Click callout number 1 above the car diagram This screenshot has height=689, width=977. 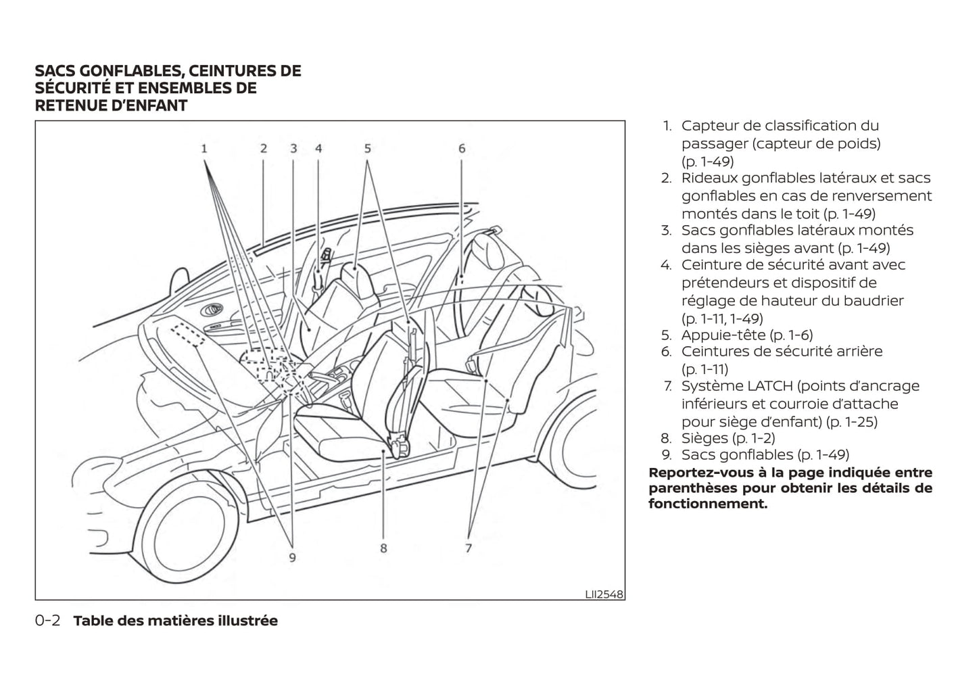pyautogui.click(x=204, y=148)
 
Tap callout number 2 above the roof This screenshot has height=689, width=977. pyautogui.click(x=264, y=148)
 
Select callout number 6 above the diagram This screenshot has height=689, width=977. pyautogui.click(x=462, y=148)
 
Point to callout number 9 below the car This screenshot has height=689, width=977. pyautogui.click(x=293, y=558)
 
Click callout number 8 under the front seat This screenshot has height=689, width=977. pyautogui.click(x=383, y=548)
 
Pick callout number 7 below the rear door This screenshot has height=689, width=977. pyautogui.click(x=468, y=548)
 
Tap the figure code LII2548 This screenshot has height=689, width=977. pyautogui.click(x=604, y=594)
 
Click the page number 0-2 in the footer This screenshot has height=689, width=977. pyautogui.click(x=48, y=621)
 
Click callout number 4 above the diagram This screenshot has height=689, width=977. pyautogui.click(x=318, y=148)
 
